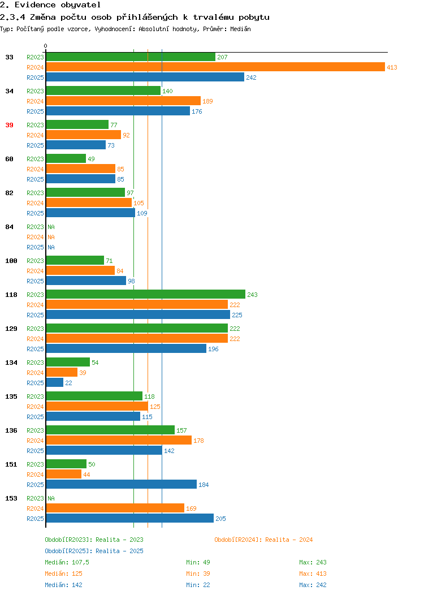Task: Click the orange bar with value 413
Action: pos(215,67)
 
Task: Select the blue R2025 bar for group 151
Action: pos(122,485)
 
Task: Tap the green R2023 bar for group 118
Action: pos(146,295)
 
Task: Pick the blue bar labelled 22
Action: pos(55,383)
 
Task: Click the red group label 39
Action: pos(10,125)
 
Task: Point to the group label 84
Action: pos(10,227)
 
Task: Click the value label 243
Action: pos(252,295)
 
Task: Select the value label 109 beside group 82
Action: pos(142,213)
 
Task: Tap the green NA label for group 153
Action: pos(51,498)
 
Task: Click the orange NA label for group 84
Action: pos(51,237)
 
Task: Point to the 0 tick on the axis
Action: pos(46,46)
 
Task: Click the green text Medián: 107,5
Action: pos(67,562)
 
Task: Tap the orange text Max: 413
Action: pos(313,574)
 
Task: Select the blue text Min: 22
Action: pos(198,585)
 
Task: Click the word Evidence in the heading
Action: pos(36,5)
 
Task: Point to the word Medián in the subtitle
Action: pos(240,29)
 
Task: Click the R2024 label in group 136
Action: pos(35,441)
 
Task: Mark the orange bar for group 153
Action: pos(115,508)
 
